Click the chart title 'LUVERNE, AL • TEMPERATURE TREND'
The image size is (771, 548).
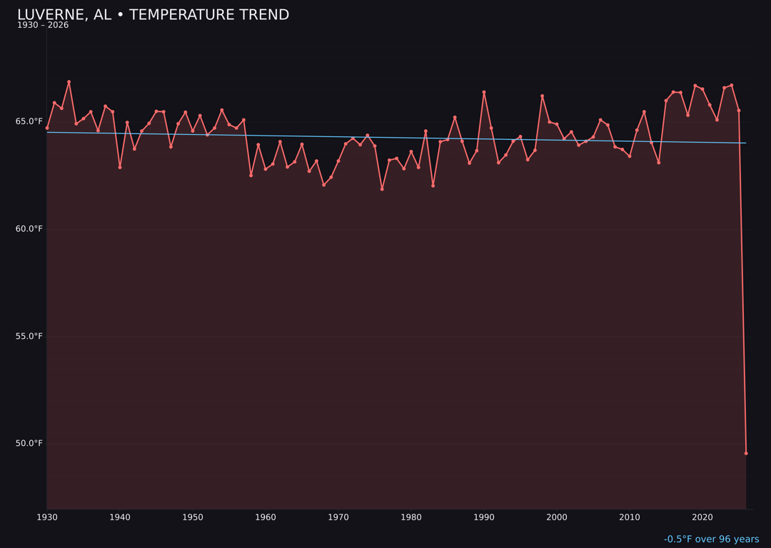coord(153,15)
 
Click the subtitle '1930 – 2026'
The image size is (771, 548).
coord(43,26)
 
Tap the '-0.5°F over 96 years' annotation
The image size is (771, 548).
coord(711,539)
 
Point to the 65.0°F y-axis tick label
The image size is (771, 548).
coord(29,121)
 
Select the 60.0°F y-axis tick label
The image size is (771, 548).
coord(29,229)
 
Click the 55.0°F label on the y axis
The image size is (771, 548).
coord(29,336)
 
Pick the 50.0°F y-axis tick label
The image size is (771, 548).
coord(29,443)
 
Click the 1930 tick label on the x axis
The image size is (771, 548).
coord(47,517)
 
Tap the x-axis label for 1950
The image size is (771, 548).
coord(193,517)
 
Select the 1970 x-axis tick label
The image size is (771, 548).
coord(338,517)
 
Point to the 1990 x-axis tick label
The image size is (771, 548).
coord(484,517)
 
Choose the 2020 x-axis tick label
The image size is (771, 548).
coord(702,517)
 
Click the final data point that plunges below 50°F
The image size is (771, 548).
coord(746,453)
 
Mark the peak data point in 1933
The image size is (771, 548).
coord(69,82)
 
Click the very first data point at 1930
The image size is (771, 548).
coord(47,128)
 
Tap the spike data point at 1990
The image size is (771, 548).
coord(484,92)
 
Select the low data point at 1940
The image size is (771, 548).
coord(120,167)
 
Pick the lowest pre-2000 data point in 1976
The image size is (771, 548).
coord(382,189)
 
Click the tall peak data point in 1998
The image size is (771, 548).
coord(542,96)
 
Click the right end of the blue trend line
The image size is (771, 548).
coord(746,143)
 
